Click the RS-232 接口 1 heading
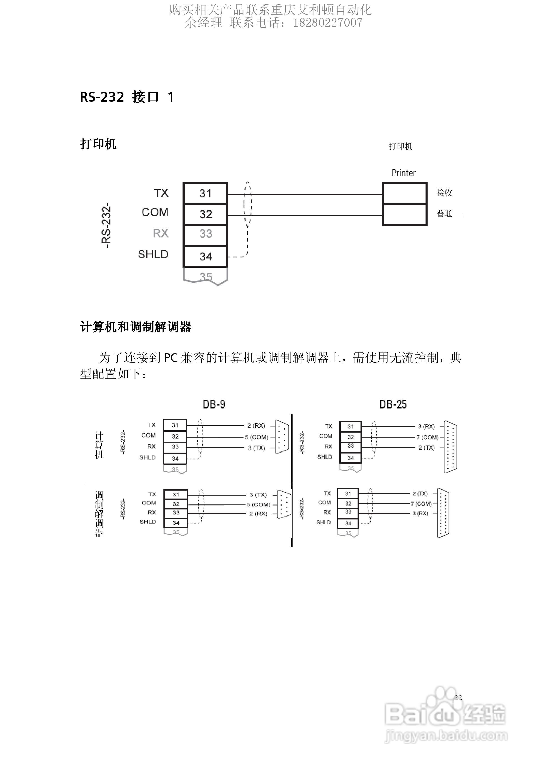click(x=127, y=97)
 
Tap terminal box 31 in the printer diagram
click(x=205, y=193)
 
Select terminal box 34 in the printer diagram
click(x=205, y=256)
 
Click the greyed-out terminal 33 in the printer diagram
click(x=205, y=234)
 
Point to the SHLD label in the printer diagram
click(x=153, y=254)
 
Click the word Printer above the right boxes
click(x=403, y=173)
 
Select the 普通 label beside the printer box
click(x=444, y=214)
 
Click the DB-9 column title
click(x=214, y=404)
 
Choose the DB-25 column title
click(x=393, y=404)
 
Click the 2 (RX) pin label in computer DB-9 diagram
click(x=256, y=426)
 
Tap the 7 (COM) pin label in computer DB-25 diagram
click(x=427, y=437)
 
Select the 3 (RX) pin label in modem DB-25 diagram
click(x=420, y=514)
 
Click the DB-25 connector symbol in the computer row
click(x=451, y=447)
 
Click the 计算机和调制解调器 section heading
click(x=136, y=327)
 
